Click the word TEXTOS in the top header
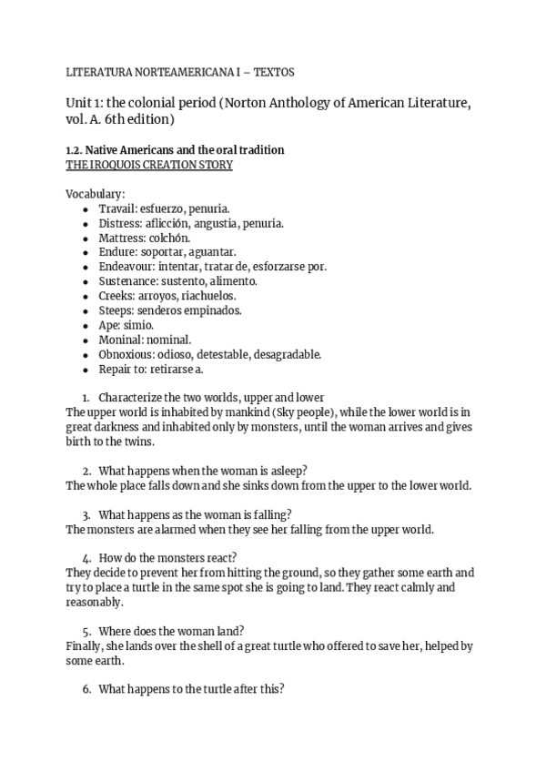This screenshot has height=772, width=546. (x=277, y=70)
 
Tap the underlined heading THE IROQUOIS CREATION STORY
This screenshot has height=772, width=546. (x=149, y=165)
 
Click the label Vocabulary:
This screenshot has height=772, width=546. (x=96, y=194)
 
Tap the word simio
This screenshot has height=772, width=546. (x=138, y=325)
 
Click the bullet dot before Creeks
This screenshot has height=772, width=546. (x=85, y=296)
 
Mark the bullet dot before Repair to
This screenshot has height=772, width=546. (x=85, y=369)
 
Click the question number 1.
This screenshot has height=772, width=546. (x=85, y=398)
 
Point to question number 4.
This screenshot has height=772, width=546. (x=85, y=558)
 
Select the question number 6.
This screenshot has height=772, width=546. (x=85, y=689)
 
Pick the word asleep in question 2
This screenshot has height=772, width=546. (x=286, y=471)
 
